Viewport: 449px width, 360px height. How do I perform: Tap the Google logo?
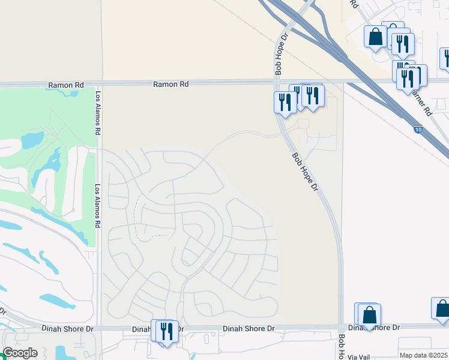click(x=20, y=353)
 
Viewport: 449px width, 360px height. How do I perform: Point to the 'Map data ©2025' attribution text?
click(x=423, y=355)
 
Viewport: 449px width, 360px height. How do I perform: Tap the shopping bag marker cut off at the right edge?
click(x=442, y=308)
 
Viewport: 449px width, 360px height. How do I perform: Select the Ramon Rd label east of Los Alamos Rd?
click(x=170, y=85)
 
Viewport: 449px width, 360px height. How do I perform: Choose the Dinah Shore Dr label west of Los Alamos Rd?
click(x=69, y=328)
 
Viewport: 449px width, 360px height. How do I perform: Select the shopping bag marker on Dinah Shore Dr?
click(x=369, y=314)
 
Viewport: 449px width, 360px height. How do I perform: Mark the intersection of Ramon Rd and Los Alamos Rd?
click(x=98, y=85)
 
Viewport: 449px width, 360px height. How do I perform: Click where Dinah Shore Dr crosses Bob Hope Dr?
click(x=342, y=328)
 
